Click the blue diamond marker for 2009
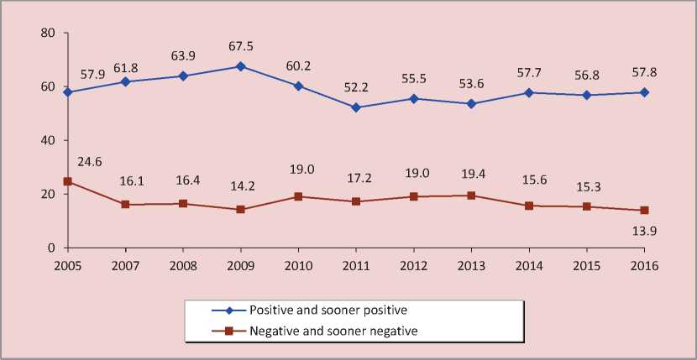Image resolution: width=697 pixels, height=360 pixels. click(241, 65)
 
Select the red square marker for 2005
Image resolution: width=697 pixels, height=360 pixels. click(67, 181)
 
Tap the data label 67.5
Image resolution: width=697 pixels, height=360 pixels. click(241, 46)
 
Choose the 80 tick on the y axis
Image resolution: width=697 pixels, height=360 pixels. click(47, 33)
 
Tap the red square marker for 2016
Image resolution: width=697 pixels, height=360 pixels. click(645, 210)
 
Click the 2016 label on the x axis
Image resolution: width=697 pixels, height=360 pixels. click(645, 265)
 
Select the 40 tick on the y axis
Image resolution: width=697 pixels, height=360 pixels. click(47, 140)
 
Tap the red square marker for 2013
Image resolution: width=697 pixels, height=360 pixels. click(472, 196)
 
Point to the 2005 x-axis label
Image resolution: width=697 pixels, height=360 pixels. click(67, 265)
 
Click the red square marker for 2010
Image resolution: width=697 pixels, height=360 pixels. click(298, 196)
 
